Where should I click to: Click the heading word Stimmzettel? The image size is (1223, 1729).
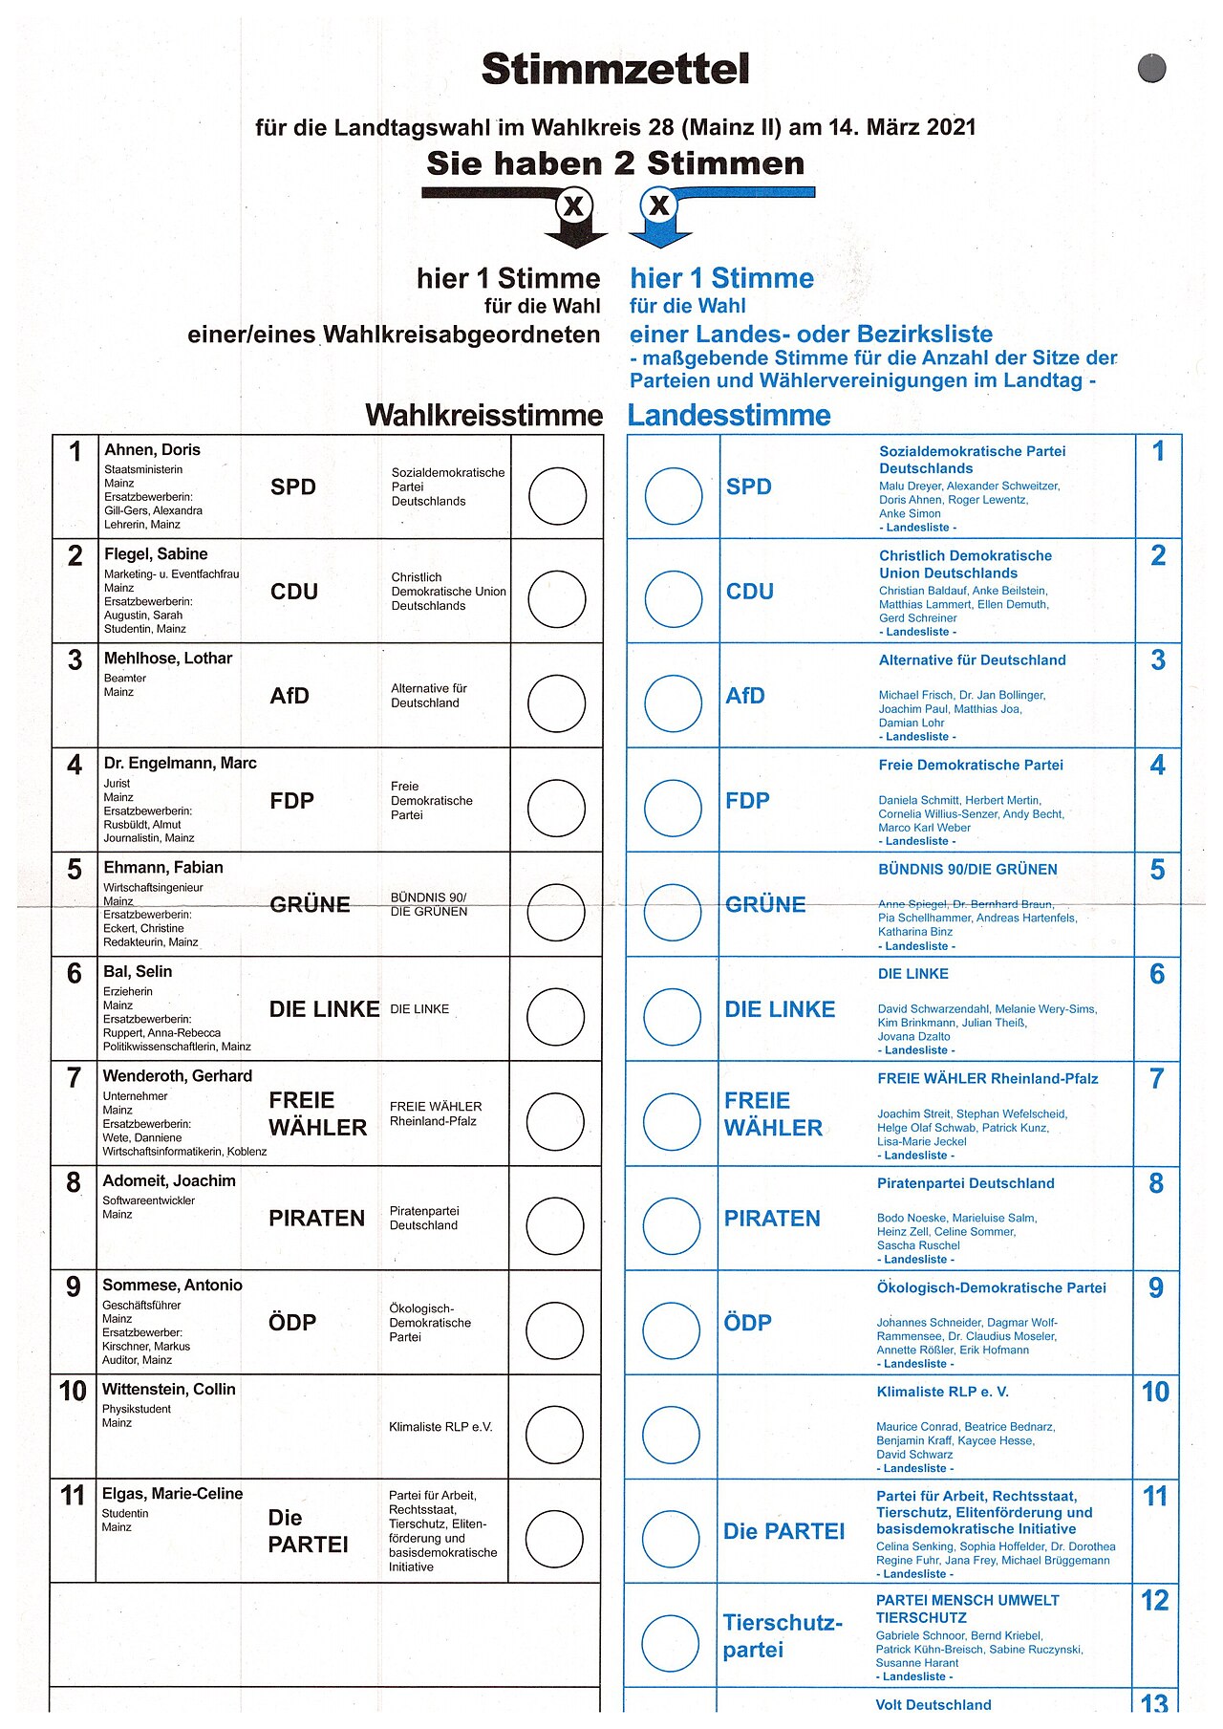coord(615,69)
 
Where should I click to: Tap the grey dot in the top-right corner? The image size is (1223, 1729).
coord(1152,69)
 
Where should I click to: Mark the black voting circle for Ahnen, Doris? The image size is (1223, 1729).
coord(557,496)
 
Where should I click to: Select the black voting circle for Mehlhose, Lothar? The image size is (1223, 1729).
coord(557,704)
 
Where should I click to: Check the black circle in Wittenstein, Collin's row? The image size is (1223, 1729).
coord(554,1436)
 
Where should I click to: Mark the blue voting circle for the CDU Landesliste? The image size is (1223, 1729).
coord(674,599)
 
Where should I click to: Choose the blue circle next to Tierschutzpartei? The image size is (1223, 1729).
coord(670,1643)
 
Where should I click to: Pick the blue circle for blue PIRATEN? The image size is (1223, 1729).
coord(672,1226)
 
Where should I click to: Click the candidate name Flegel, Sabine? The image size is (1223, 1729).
coord(156,554)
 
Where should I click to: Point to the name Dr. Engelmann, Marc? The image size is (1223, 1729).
coord(181,763)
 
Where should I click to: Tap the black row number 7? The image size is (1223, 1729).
coord(74,1078)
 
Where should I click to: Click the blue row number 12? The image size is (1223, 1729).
coord(1155,1600)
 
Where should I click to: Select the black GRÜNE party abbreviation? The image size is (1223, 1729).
coord(310,905)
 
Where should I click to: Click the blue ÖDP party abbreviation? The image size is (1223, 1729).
coord(747,1323)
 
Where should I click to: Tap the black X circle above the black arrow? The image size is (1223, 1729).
coord(573,205)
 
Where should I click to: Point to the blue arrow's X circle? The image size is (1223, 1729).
coord(658,205)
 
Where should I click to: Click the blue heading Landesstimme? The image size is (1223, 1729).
coord(729,416)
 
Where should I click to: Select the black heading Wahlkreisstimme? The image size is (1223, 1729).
coord(483,416)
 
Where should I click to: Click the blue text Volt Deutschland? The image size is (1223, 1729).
coord(933,1705)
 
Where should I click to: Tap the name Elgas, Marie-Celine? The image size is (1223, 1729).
coord(173,1494)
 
